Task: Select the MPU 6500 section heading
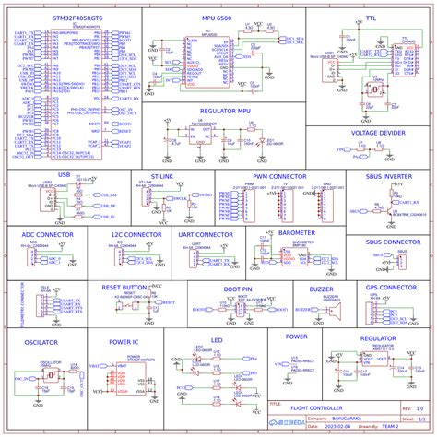pyautogui.click(x=218, y=18)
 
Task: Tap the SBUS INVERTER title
pyautogui.click(x=388, y=174)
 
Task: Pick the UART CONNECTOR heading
pyautogui.click(x=206, y=234)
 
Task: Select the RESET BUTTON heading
pyautogui.click(x=124, y=288)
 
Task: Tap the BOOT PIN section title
pyautogui.click(x=237, y=288)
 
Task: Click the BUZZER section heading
pyautogui.click(x=321, y=289)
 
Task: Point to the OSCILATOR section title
pyautogui.click(x=41, y=341)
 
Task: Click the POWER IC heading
pyautogui.click(x=124, y=341)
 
